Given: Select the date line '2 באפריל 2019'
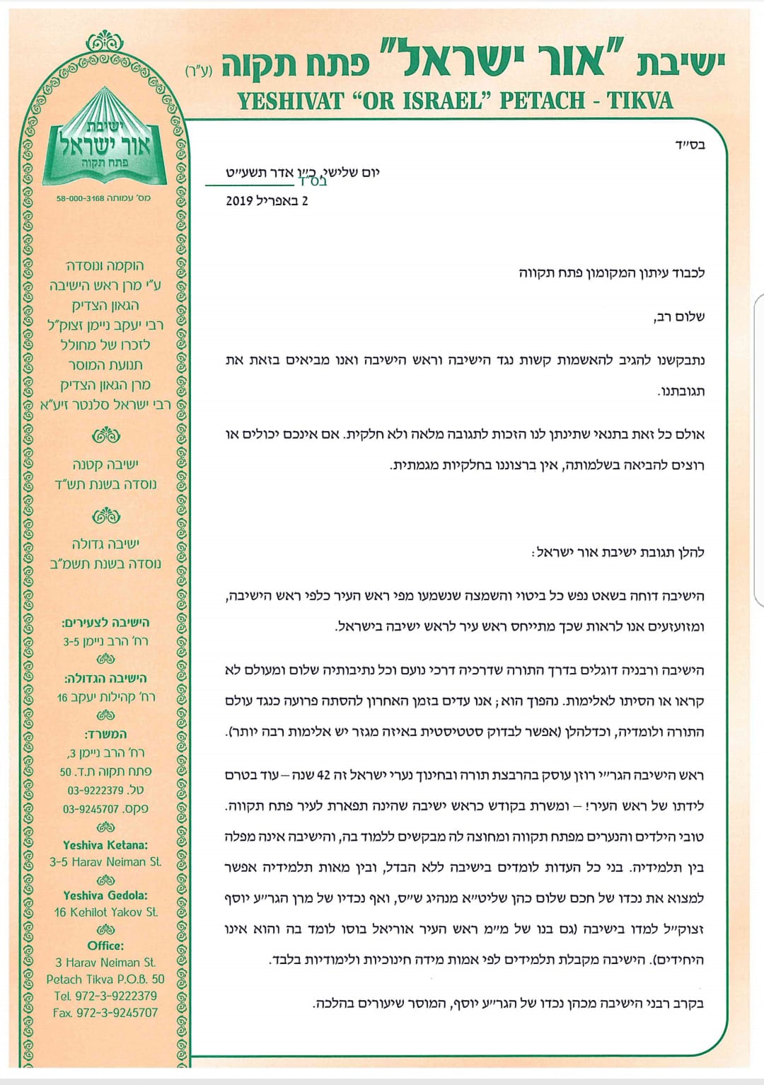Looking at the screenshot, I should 267,201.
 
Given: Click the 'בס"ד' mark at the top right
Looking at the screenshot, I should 690,145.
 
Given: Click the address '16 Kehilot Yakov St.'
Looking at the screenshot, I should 105,912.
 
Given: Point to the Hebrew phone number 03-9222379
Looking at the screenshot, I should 95,791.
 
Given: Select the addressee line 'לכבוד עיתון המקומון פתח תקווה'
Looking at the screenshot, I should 611,273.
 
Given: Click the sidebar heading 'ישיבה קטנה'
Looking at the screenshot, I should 105,465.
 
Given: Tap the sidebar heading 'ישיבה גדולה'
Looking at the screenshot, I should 105,544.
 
